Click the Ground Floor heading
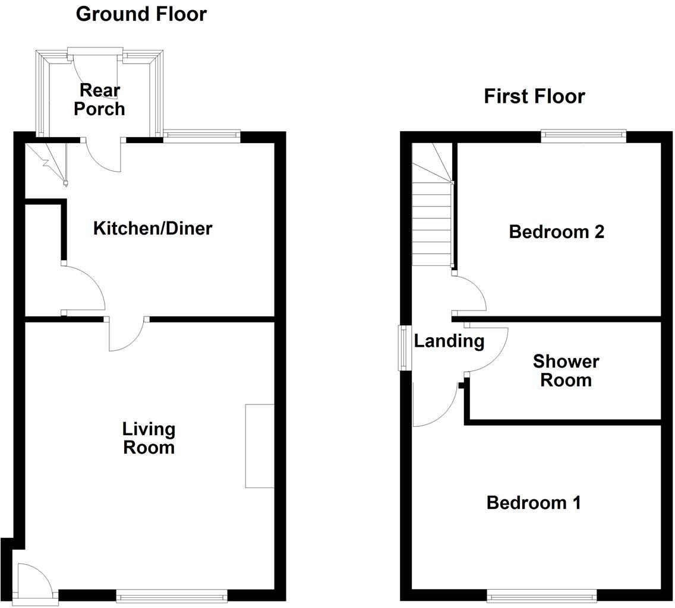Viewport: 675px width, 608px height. (141, 14)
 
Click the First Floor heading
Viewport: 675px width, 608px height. (534, 96)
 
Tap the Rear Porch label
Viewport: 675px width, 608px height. (99, 99)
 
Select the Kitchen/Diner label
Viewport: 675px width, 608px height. (152, 228)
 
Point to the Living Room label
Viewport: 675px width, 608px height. (149, 438)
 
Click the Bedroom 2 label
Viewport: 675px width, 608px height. (556, 232)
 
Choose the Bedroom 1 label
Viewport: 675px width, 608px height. (533, 503)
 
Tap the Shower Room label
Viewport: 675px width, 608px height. (565, 370)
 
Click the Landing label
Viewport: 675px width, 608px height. (449, 341)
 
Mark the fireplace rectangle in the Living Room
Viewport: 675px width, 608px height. (260, 446)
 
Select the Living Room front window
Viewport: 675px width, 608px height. (172, 596)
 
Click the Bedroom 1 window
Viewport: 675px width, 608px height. (541, 596)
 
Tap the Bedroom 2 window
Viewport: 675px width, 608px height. (583, 136)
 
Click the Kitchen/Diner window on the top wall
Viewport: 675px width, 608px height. (201, 136)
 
